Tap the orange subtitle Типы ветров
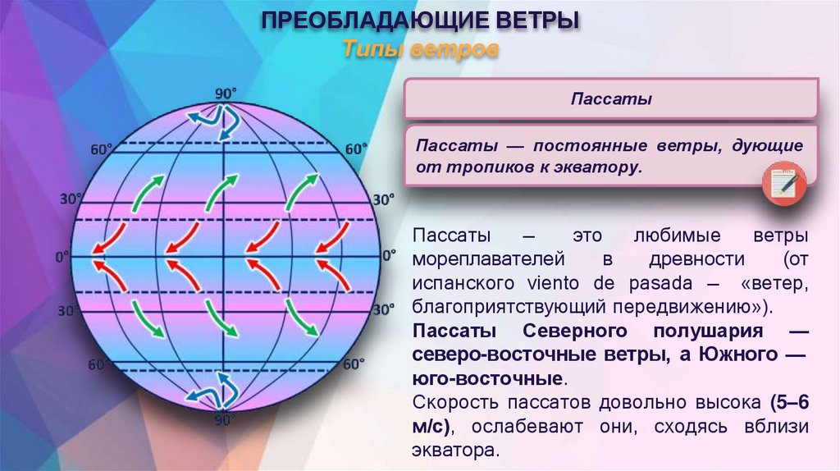pyautogui.click(x=419, y=50)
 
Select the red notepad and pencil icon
pyautogui.click(x=785, y=181)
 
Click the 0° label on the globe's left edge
pyautogui.click(x=62, y=258)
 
